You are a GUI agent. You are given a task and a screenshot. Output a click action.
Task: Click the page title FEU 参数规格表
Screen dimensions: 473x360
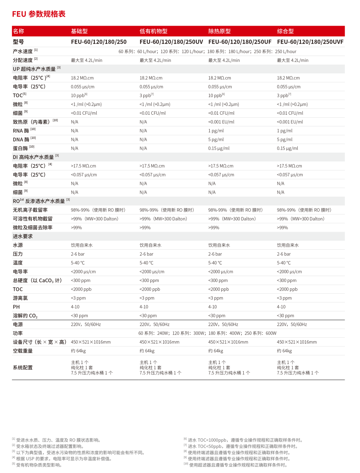pos(39,14)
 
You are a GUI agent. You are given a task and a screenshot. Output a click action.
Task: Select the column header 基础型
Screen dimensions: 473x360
pos(79,31)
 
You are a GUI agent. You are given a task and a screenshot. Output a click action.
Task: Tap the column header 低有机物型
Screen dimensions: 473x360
pos(153,31)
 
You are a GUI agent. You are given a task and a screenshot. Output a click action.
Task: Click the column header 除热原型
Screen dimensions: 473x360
pos(219,31)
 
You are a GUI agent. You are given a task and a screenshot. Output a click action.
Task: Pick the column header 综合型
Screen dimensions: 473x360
pos(285,31)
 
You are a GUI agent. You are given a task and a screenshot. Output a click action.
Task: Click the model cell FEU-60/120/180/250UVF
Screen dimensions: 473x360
pos(310,42)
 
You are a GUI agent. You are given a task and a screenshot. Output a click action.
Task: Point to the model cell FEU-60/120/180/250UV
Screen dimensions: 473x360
pos(171,42)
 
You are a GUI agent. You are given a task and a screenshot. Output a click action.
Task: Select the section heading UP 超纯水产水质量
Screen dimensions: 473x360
pos(34,69)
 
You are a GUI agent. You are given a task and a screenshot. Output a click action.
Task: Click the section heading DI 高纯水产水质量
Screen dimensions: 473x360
pos(33,157)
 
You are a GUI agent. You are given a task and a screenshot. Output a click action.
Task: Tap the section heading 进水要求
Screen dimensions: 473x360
pos(23,236)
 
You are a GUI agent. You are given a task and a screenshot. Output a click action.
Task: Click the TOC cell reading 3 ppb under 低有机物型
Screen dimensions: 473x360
pos(146,95)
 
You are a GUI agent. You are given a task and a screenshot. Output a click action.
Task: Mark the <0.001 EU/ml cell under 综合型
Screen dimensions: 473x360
pos(290,122)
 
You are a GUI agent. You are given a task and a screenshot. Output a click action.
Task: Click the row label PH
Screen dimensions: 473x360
pos(16,307)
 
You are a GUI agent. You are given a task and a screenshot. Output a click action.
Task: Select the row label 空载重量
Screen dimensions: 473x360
pos(23,351)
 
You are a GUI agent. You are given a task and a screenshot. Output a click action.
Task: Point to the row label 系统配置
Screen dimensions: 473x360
pos(23,367)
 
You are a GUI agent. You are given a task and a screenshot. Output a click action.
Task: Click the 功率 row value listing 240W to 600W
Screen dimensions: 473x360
pos(207,333)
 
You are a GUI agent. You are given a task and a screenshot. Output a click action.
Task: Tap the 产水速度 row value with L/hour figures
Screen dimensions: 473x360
pos(207,52)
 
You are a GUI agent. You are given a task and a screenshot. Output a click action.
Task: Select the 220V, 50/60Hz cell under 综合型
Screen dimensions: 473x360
pos(292,324)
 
